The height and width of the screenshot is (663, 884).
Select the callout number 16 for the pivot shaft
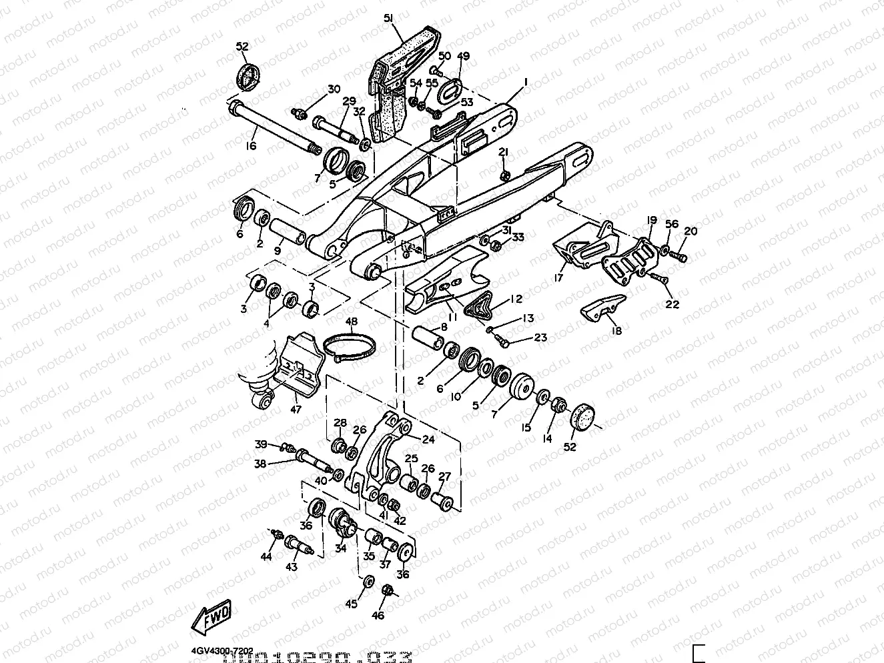pyautogui.click(x=251, y=146)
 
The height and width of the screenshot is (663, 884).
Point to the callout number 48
pyautogui.click(x=351, y=322)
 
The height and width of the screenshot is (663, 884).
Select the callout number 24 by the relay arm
pyautogui.click(x=428, y=439)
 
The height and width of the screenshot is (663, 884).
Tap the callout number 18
pyautogui.click(x=614, y=331)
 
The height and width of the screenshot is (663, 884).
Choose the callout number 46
pyautogui.click(x=378, y=615)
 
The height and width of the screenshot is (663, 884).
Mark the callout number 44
pyautogui.click(x=266, y=557)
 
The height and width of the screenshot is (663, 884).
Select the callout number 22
pyautogui.click(x=672, y=304)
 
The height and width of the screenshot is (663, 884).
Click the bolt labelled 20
pyautogui.click(x=679, y=255)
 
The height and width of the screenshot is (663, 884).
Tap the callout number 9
pyautogui.click(x=277, y=251)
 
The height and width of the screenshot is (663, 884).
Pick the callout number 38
pyautogui.click(x=260, y=463)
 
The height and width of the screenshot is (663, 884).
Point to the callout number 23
pyautogui.click(x=540, y=338)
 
